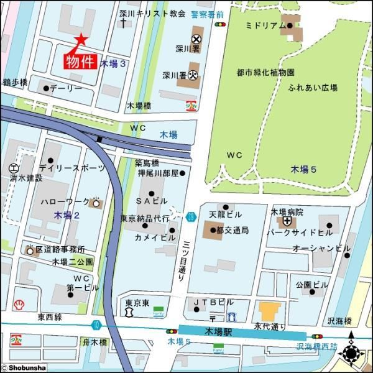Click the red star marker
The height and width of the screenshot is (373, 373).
pyautogui.click(x=80, y=39)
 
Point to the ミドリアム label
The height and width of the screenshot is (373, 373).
pyautogui.click(x=265, y=25)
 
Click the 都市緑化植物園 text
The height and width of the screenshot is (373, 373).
pyautogui.click(x=265, y=72)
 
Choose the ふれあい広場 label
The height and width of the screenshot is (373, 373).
pyautogui.click(x=313, y=88)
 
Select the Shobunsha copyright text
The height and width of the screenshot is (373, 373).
pyautogui.click(x=23, y=367)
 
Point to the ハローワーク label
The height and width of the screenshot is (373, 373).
pyautogui.click(x=65, y=203)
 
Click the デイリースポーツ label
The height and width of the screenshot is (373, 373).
pyautogui.click(x=67, y=168)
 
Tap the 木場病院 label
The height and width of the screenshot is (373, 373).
pyautogui.click(x=287, y=212)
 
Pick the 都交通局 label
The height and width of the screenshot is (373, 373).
pyautogui.click(x=233, y=230)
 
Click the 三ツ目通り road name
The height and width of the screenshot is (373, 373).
pyautogui.click(x=183, y=261)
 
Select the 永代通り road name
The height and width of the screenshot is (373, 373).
pyautogui.click(x=269, y=326)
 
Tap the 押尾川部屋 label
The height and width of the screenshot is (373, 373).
pyautogui.click(x=158, y=173)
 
